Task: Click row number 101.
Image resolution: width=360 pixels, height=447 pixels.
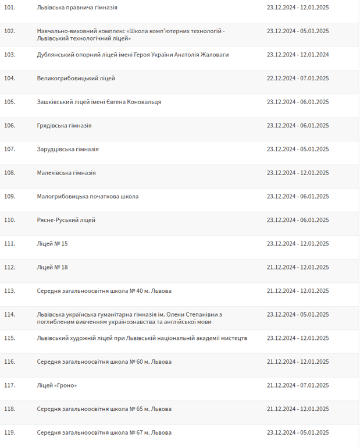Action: [9, 8]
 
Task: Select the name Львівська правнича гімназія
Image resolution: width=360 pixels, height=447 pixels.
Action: [77, 8]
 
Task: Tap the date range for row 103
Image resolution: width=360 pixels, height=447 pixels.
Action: [298, 55]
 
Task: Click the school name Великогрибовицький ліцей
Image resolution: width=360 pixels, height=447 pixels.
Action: [76, 78]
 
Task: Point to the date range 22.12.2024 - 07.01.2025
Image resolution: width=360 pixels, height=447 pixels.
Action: [298, 78]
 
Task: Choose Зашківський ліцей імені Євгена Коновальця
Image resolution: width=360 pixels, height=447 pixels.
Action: [99, 102]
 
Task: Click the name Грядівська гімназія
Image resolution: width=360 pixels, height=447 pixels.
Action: [64, 126]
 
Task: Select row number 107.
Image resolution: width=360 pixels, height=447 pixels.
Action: [9, 149]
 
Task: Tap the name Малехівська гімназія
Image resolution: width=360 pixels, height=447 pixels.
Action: [66, 173]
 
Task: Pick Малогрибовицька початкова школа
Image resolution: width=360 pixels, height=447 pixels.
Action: [87, 196]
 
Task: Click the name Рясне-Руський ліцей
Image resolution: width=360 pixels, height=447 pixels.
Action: [66, 220]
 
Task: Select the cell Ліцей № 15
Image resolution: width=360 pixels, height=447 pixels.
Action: [52, 243]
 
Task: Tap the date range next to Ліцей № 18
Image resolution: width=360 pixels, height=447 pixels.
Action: [298, 267]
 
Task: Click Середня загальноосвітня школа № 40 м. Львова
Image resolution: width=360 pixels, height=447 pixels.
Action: [104, 290]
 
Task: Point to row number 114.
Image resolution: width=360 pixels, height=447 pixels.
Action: [9, 314]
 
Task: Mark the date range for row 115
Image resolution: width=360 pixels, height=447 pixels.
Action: [298, 338]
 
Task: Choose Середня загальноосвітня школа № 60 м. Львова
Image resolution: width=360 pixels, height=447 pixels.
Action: [104, 361]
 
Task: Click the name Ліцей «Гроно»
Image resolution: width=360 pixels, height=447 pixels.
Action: [56, 385]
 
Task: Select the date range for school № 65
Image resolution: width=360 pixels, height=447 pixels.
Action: [298, 409]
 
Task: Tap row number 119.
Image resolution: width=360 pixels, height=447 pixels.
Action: [9, 432]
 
